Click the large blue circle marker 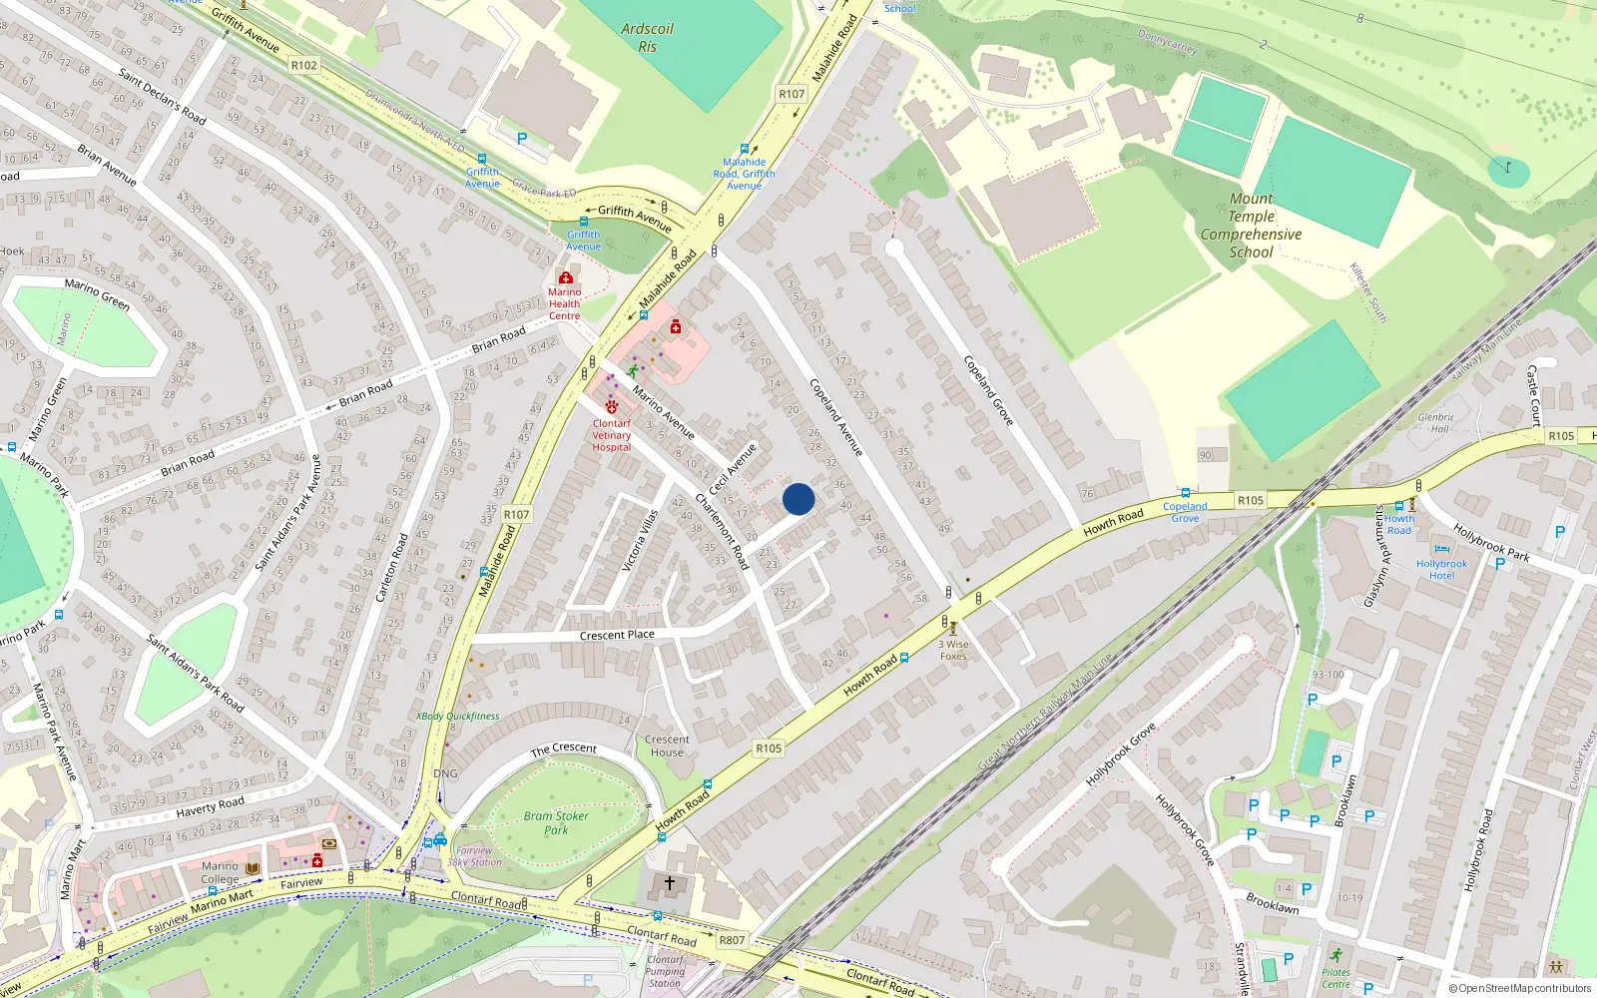pos(798,499)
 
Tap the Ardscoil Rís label pos(647,38)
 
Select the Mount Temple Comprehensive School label pos(1251,226)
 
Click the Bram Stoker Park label pos(556,822)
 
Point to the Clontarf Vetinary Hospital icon pos(612,407)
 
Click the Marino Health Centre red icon pos(566,277)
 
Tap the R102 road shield pos(303,65)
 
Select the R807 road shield pos(732,940)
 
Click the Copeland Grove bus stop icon pos(1185,493)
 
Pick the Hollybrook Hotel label pos(1441,570)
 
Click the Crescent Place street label pos(617,635)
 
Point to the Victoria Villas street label pos(640,540)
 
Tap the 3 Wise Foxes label pos(953,650)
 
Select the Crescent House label pos(667,746)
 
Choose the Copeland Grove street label pos(988,389)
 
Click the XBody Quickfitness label pos(457,716)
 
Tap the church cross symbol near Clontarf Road pos(670,882)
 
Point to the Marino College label pos(220,872)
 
